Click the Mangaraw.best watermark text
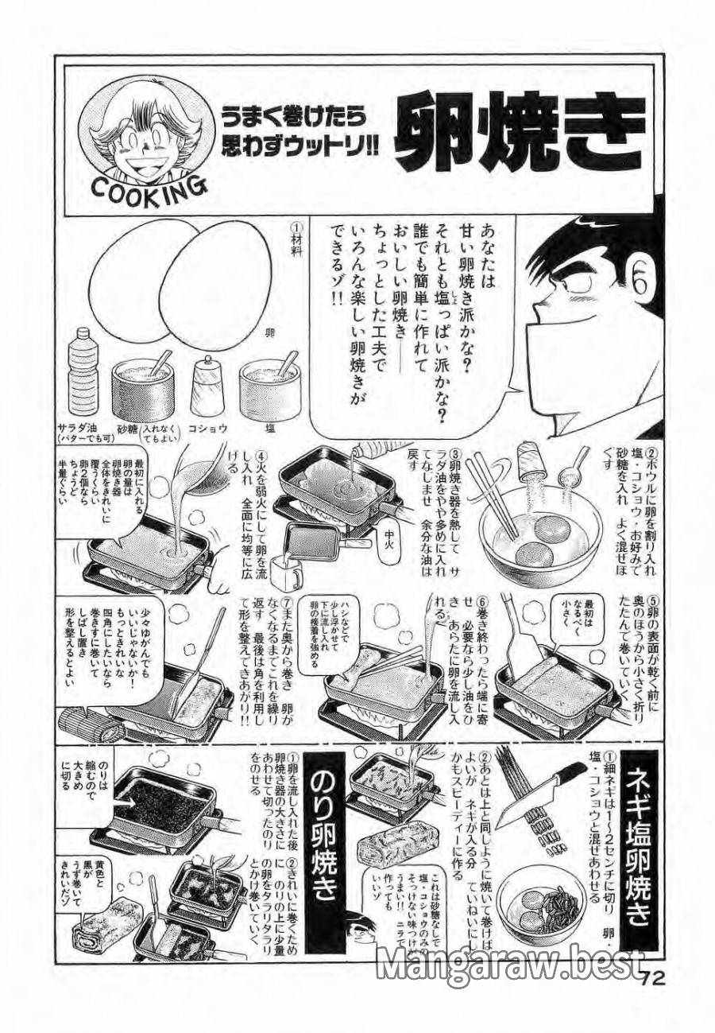click(509, 965)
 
